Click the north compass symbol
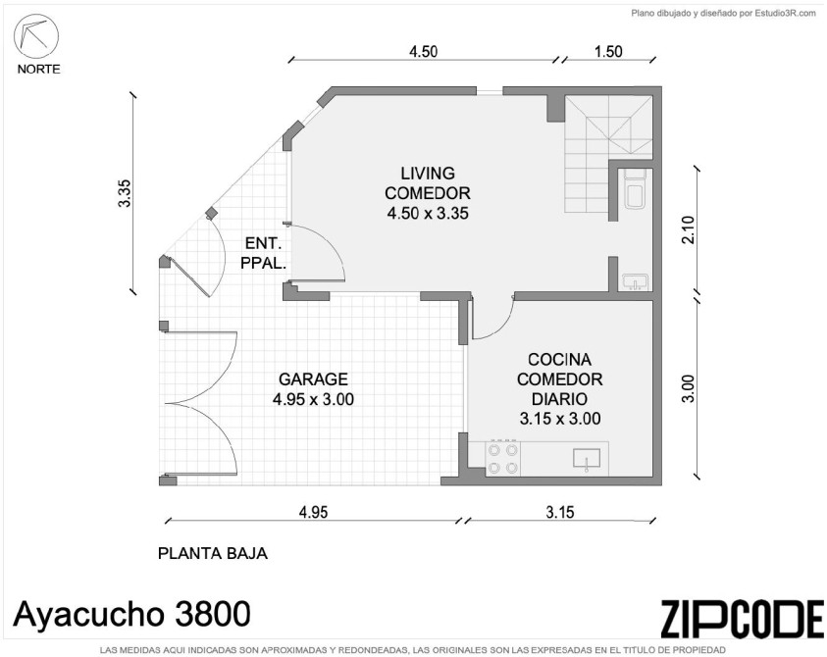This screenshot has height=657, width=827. (x=36, y=37)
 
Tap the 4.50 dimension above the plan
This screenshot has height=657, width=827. (x=424, y=51)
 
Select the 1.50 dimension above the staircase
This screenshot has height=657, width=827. (x=608, y=51)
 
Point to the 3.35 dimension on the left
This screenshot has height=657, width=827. (x=125, y=193)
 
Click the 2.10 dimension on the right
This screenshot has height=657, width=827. (x=689, y=229)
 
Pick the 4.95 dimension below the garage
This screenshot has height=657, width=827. (x=313, y=512)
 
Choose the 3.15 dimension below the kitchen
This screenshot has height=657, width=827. (x=559, y=512)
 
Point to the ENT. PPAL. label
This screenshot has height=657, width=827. (x=263, y=253)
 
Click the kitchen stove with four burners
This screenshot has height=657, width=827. (x=503, y=458)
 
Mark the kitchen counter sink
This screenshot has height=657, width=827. (x=587, y=458)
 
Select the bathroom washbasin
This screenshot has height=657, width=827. (x=635, y=282)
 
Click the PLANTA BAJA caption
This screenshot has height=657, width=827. (x=213, y=553)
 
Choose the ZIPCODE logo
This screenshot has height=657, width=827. (x=742, y=618)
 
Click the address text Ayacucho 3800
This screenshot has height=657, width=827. (x=131, y=614)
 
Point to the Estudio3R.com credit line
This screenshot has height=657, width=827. (x=724, y=14)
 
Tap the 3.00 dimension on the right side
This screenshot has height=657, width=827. (x=689, y=388)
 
